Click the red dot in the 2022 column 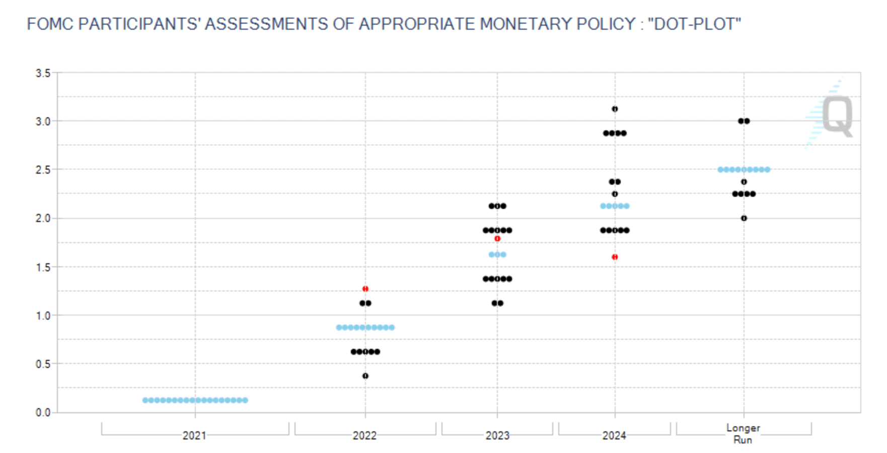pos(365,289)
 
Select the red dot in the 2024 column pos(615,257)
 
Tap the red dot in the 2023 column pos(497,239)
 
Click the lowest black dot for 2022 pos(365,376)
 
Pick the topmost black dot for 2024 pos(615,109)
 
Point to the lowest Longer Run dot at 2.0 pos(744,218)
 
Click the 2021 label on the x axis pos(194,435)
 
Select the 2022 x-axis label pos(364,435)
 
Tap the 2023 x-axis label pos(497,435)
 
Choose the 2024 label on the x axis pos(614,435)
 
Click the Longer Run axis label pos(743,433)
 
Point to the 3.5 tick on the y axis pos(43,73)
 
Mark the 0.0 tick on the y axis pos(43,413)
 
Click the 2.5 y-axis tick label pos(43,170)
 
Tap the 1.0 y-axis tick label pos(43,316)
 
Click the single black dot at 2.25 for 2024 pos(615,194)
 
